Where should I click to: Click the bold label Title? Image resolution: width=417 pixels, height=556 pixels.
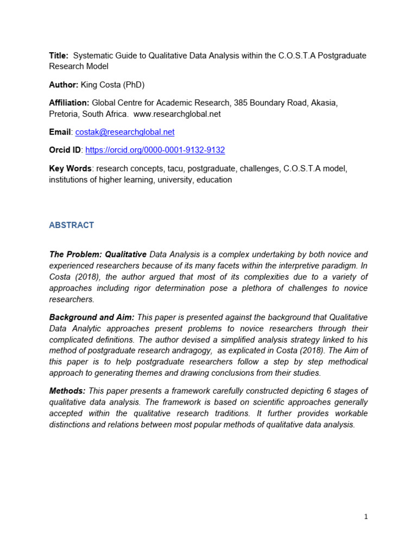[59, 55]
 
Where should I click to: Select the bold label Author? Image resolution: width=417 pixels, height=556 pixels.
[64, 85]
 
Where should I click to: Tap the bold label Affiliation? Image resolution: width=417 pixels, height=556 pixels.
[69, 103]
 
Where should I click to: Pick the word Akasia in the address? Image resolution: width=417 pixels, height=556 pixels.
[324, 103]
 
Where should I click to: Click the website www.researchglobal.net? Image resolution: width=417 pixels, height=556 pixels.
[176, 114]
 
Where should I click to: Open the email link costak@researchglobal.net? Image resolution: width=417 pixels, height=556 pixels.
[125, 132]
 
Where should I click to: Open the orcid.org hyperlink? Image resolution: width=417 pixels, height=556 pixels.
[155, 150]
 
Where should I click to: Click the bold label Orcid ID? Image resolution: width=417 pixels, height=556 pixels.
[65, 150]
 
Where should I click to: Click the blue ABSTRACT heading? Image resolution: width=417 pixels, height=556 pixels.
[71, 225]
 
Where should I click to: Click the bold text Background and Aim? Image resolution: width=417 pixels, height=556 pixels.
[92, 317]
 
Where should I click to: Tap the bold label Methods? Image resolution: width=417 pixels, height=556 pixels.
[67, 391]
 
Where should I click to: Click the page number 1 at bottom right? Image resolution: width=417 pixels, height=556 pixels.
[366, 517]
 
